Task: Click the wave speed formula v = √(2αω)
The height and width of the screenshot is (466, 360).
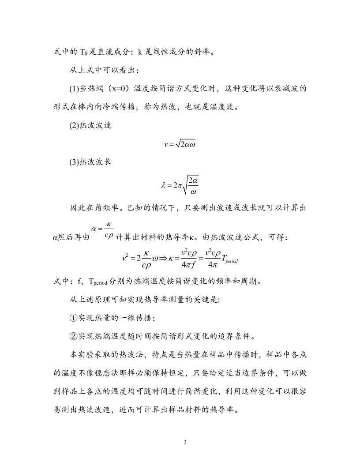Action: click(x=180, y=144)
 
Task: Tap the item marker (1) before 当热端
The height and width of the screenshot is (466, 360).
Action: click(x=74, y=89)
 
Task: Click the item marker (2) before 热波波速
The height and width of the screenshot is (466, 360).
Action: click(x=74, y=125)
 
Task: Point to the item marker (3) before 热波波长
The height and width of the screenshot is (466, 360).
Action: click(x=74, y=162)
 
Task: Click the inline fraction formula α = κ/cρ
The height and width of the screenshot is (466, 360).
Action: click(x=102, y=232)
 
